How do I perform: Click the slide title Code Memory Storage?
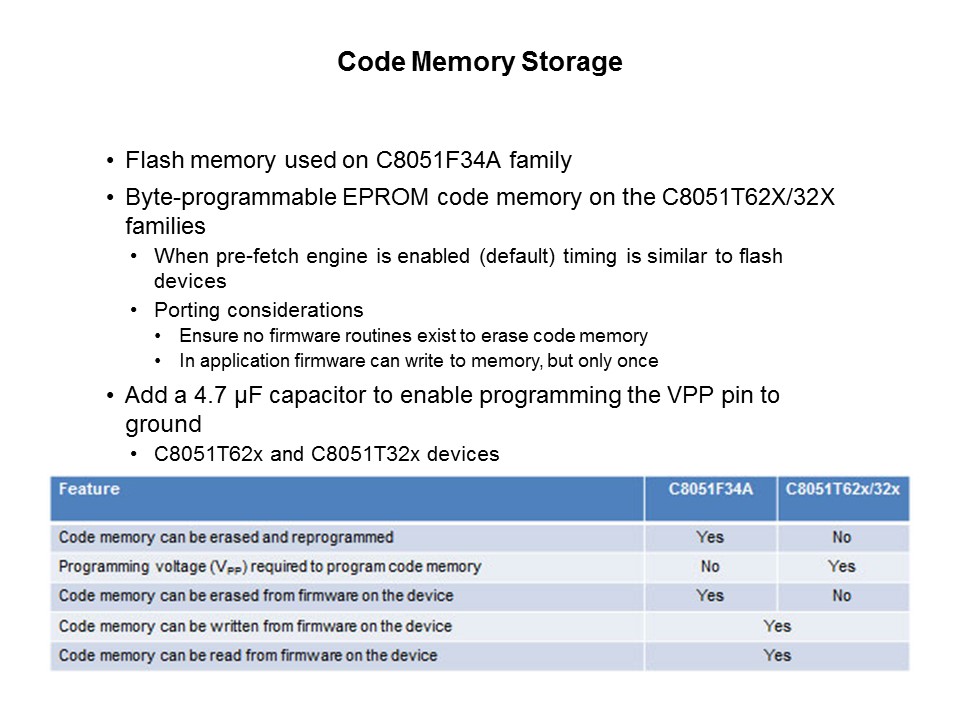pyautogui.click(x=479, y=62)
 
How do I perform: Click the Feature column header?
pyautogui.click(x=89, y=489)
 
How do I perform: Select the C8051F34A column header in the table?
pyautogui.click(x=710, y=489)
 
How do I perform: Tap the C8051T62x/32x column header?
pyautogui.click(x=843, y=489)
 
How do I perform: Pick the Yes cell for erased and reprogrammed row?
pyautogui.click(x=710, y=537)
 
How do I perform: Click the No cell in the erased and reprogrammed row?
pyautogui.click(x=842, y=537)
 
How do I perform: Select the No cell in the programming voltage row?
pyautogui.click(x=710, y=566)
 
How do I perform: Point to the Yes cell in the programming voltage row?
pyautogui.click(x=842, y=566)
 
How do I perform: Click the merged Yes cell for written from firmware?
pyautogui.click(x=776, y=626)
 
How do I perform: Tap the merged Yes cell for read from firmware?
pyautogui.click(x=776, y=656)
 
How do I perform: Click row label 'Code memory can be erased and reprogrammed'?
pyautogui.click(x=226, y=537)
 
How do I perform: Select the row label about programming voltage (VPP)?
pyautogui.click(x=270, y=567)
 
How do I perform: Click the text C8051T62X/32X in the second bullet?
pyautogui.click(x=748, y=198)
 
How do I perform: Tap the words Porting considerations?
pyautogui.click(x=258, y=309)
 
